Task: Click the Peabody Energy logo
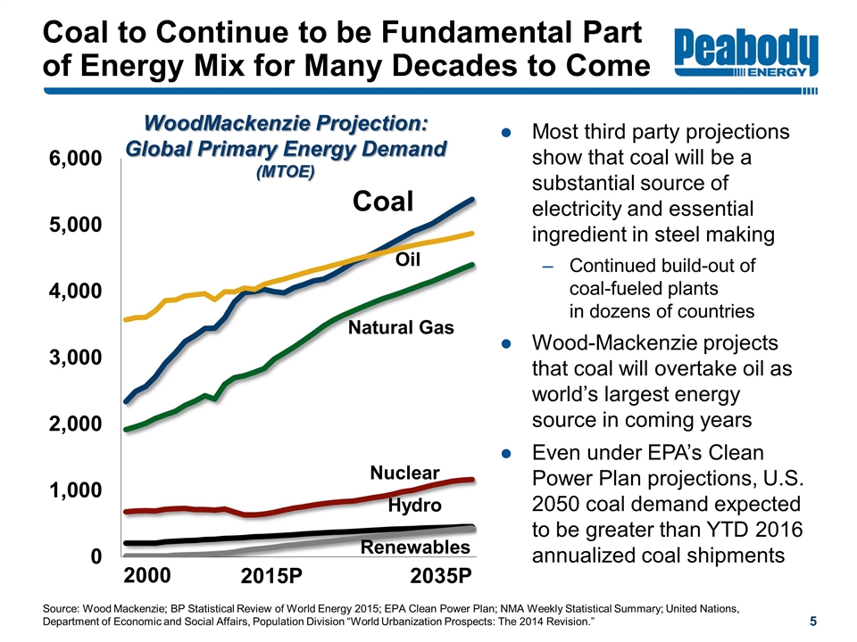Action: tap(747, 55)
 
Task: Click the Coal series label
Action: tap(383, 202)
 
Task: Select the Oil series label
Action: tap(408, 259)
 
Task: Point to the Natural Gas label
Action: tap(401, 328)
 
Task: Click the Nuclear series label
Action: tap(405, 473)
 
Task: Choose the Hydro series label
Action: tap(415, 506)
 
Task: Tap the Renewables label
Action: tap(415, 547)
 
